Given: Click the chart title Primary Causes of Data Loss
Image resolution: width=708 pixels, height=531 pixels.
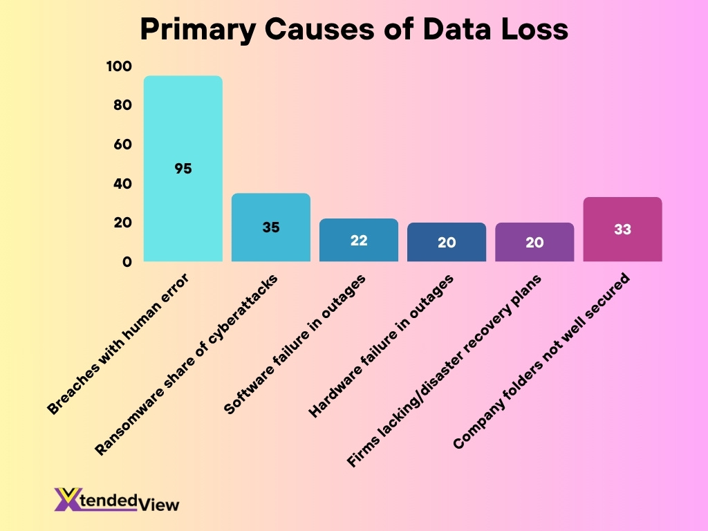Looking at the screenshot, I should pos(354,30).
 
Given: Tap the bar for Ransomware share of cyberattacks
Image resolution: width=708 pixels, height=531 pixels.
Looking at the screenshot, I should pos(270,207).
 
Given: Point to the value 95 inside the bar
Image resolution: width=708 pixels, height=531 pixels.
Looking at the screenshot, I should pos(183,168).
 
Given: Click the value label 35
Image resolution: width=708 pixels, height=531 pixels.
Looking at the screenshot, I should pos(270,227).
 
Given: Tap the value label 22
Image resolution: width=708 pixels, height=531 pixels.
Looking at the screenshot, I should pos(358,240).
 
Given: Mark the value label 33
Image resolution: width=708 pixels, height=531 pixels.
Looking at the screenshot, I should pos(622,229).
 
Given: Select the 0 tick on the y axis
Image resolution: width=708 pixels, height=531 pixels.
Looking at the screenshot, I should pos(127,262).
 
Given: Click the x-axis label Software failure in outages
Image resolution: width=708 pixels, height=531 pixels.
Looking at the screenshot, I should pos(295,344).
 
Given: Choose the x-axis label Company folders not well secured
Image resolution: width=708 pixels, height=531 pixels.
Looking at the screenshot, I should pos(543,361).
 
